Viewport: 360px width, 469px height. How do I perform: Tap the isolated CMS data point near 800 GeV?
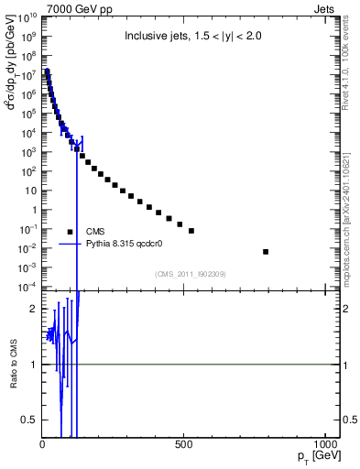pos(266,251)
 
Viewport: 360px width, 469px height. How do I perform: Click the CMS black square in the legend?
pos(70,232)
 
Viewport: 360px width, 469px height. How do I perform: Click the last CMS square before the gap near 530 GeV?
pos(191,231)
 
